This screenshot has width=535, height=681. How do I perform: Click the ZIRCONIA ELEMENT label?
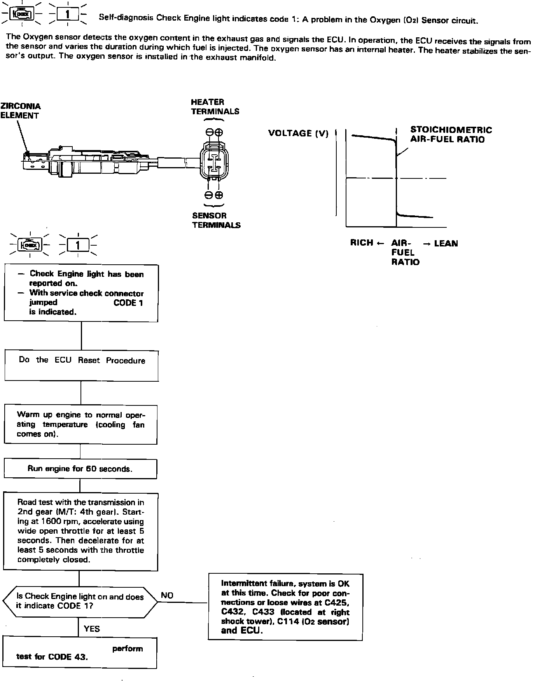(20, 111)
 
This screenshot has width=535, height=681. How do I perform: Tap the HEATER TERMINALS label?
(215, 107)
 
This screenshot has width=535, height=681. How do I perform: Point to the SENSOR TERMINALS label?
(216, 220)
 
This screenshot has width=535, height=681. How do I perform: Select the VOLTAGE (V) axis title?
(298, 134)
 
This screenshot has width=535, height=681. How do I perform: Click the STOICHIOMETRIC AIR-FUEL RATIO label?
(451, 134)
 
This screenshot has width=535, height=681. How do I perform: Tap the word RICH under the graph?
(362, 243)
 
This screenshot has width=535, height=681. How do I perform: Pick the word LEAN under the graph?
(446, 244)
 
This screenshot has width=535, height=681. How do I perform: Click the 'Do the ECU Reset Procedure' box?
(82, 365)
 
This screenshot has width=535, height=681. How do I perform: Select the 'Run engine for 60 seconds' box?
(80, 469)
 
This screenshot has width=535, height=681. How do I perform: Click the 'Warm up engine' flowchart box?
(80, 424)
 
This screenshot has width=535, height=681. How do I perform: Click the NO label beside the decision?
(167, 595)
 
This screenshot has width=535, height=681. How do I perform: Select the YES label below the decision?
(92, 629)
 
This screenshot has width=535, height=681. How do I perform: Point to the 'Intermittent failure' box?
(285, 607)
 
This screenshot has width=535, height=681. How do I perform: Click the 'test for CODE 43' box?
(80, 653)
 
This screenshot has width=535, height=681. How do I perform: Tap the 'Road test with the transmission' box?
(80, 531)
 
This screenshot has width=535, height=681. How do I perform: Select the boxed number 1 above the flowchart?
(78, 245)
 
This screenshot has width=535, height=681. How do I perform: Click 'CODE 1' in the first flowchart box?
(128, 303)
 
